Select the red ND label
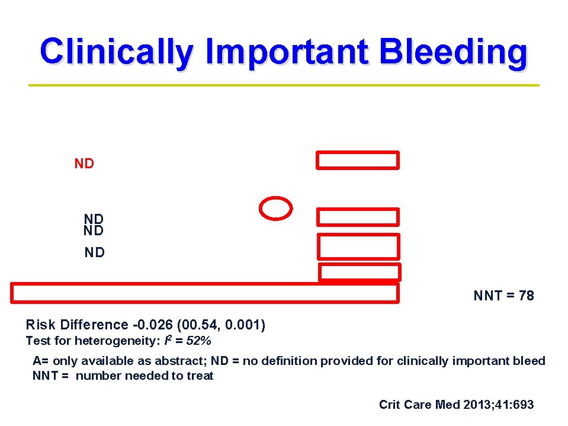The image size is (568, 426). point(84,164)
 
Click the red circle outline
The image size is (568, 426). point(276,208)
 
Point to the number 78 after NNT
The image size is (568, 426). point(526,296)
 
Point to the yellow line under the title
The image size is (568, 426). point(284,85)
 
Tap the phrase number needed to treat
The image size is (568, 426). point(145,376)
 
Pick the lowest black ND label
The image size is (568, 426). point(95,253)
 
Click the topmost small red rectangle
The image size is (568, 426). point(358,160)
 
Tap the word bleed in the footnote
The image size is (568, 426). point(531,361)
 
